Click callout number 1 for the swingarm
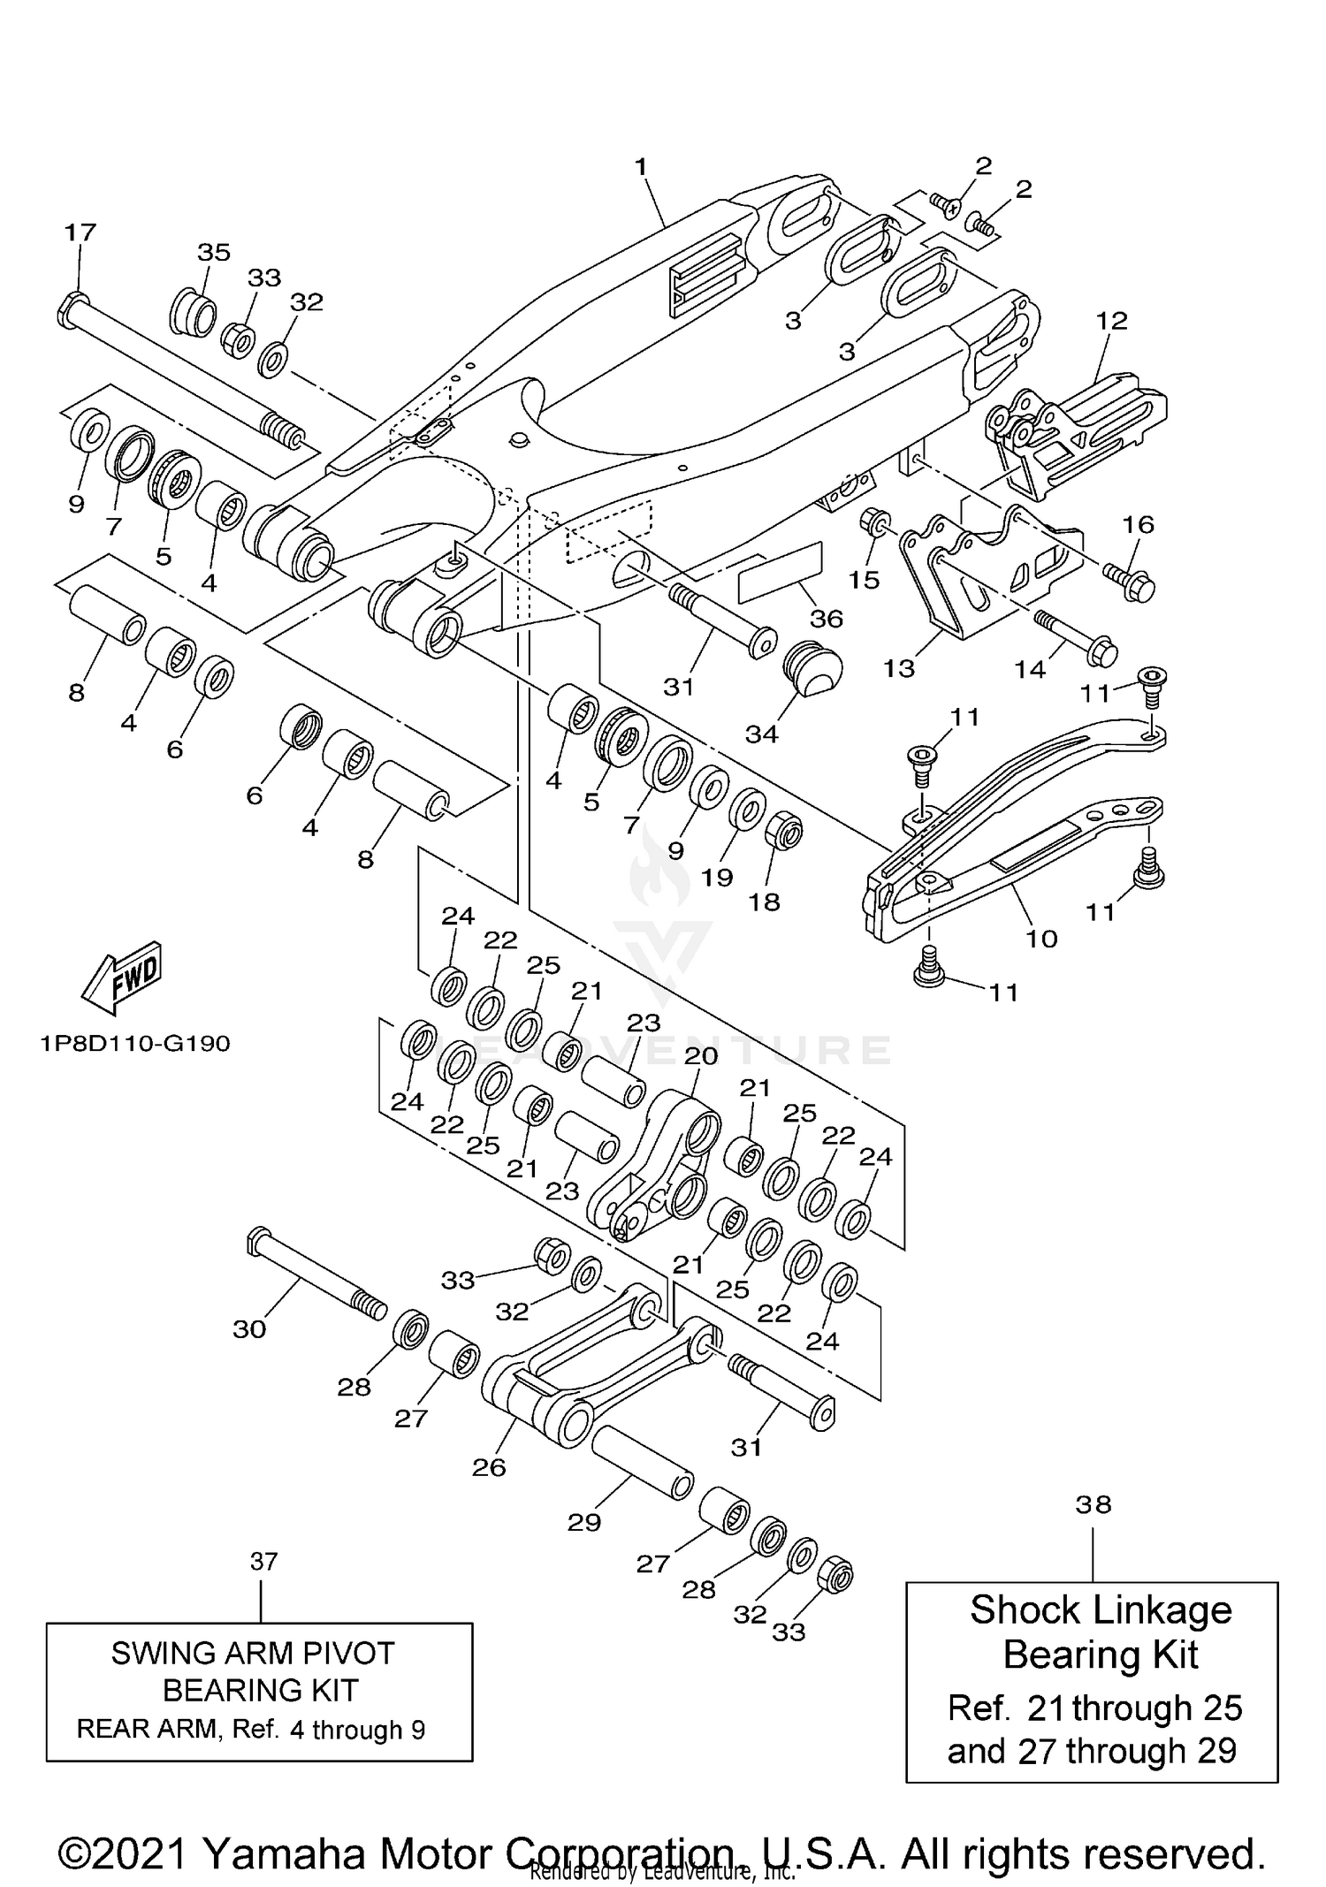641,166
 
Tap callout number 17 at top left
80,232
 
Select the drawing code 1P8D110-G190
135,1044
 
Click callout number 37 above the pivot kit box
263,1562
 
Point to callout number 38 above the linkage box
1094,1504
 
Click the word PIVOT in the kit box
345,1653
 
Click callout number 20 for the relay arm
701,1055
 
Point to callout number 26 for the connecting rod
489,1467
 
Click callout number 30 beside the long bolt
249,1328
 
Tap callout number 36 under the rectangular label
827,619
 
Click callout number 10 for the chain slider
1041,938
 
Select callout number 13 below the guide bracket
898,668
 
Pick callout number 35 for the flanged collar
213,252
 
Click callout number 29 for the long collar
584,1522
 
